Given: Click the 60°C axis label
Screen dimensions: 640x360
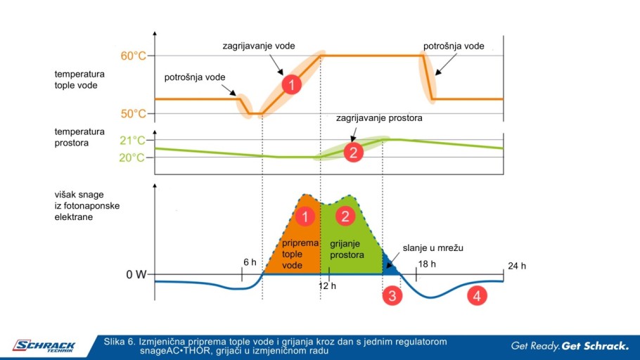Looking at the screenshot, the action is [x=133, y=56].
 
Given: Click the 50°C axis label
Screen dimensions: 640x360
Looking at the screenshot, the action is [x=133, y=113].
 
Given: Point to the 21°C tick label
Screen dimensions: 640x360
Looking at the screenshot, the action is [x=132, y=141].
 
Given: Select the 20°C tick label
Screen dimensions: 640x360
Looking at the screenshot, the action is [x=132, y=157].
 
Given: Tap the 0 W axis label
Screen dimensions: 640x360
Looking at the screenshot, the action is [x=136, y=275].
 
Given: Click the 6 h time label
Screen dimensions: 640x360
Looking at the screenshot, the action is [x=250, y=262].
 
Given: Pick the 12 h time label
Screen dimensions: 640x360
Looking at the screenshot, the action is [x=327, y=285].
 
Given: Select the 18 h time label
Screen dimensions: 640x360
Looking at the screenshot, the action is [x=427, y=264].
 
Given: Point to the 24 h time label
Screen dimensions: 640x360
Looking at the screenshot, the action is [x=517, y=266].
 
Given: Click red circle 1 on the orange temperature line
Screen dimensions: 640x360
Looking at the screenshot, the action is [x=291, y=85].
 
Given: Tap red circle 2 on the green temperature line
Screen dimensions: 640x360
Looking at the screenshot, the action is [x=354, y=153].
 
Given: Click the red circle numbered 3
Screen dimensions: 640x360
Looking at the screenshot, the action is [x=392, y=295].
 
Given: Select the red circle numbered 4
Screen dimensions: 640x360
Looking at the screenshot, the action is [x=477, y=295].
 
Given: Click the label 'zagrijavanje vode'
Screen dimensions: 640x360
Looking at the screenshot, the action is [x=259, y=46].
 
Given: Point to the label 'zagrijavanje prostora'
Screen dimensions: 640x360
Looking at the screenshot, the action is [x=379, y=118].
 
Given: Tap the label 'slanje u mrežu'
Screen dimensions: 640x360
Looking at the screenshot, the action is [x=433, y=248].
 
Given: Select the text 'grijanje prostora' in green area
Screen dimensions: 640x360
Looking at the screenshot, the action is [x=347, y=250].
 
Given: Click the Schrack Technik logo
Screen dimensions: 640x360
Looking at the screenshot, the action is [x=44, y=347].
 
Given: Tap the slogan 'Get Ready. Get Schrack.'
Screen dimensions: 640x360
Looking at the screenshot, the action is [x=570, y=346].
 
